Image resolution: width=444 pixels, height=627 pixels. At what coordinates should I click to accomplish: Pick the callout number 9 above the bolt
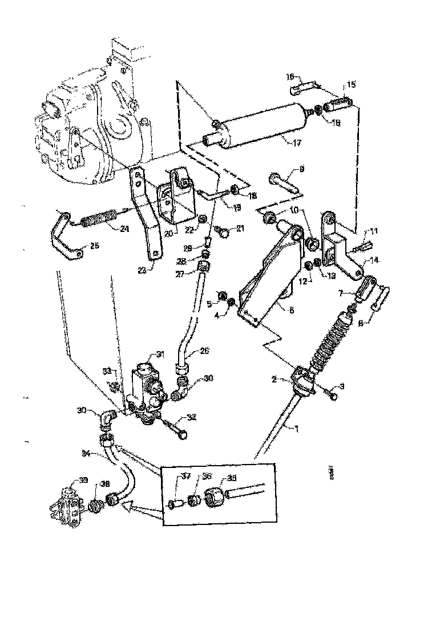[302, 169]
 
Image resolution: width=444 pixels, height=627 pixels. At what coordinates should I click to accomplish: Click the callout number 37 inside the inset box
[185, 476]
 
